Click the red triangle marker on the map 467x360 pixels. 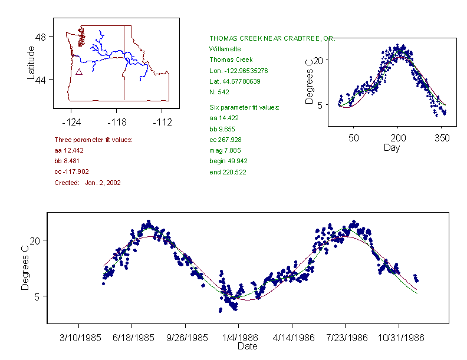click(79, 72)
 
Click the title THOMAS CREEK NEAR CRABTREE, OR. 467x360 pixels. click(272, 38)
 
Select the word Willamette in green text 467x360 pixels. click(225, 49)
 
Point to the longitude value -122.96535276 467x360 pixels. click(239, 71)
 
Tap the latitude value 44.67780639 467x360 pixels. click(235, 81)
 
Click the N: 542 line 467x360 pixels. click(219, 92)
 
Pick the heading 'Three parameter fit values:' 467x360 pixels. click(93, 140)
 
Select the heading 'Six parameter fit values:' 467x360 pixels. click(244, 107)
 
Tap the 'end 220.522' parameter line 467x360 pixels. click(228, 172)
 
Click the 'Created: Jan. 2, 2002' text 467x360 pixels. click(87, 183)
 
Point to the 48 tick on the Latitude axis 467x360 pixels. click(41, 37)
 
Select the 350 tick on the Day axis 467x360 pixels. click(442, 138)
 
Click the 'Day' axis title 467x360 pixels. click(392, 147)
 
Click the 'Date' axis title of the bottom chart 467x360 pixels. click(247, 346)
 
